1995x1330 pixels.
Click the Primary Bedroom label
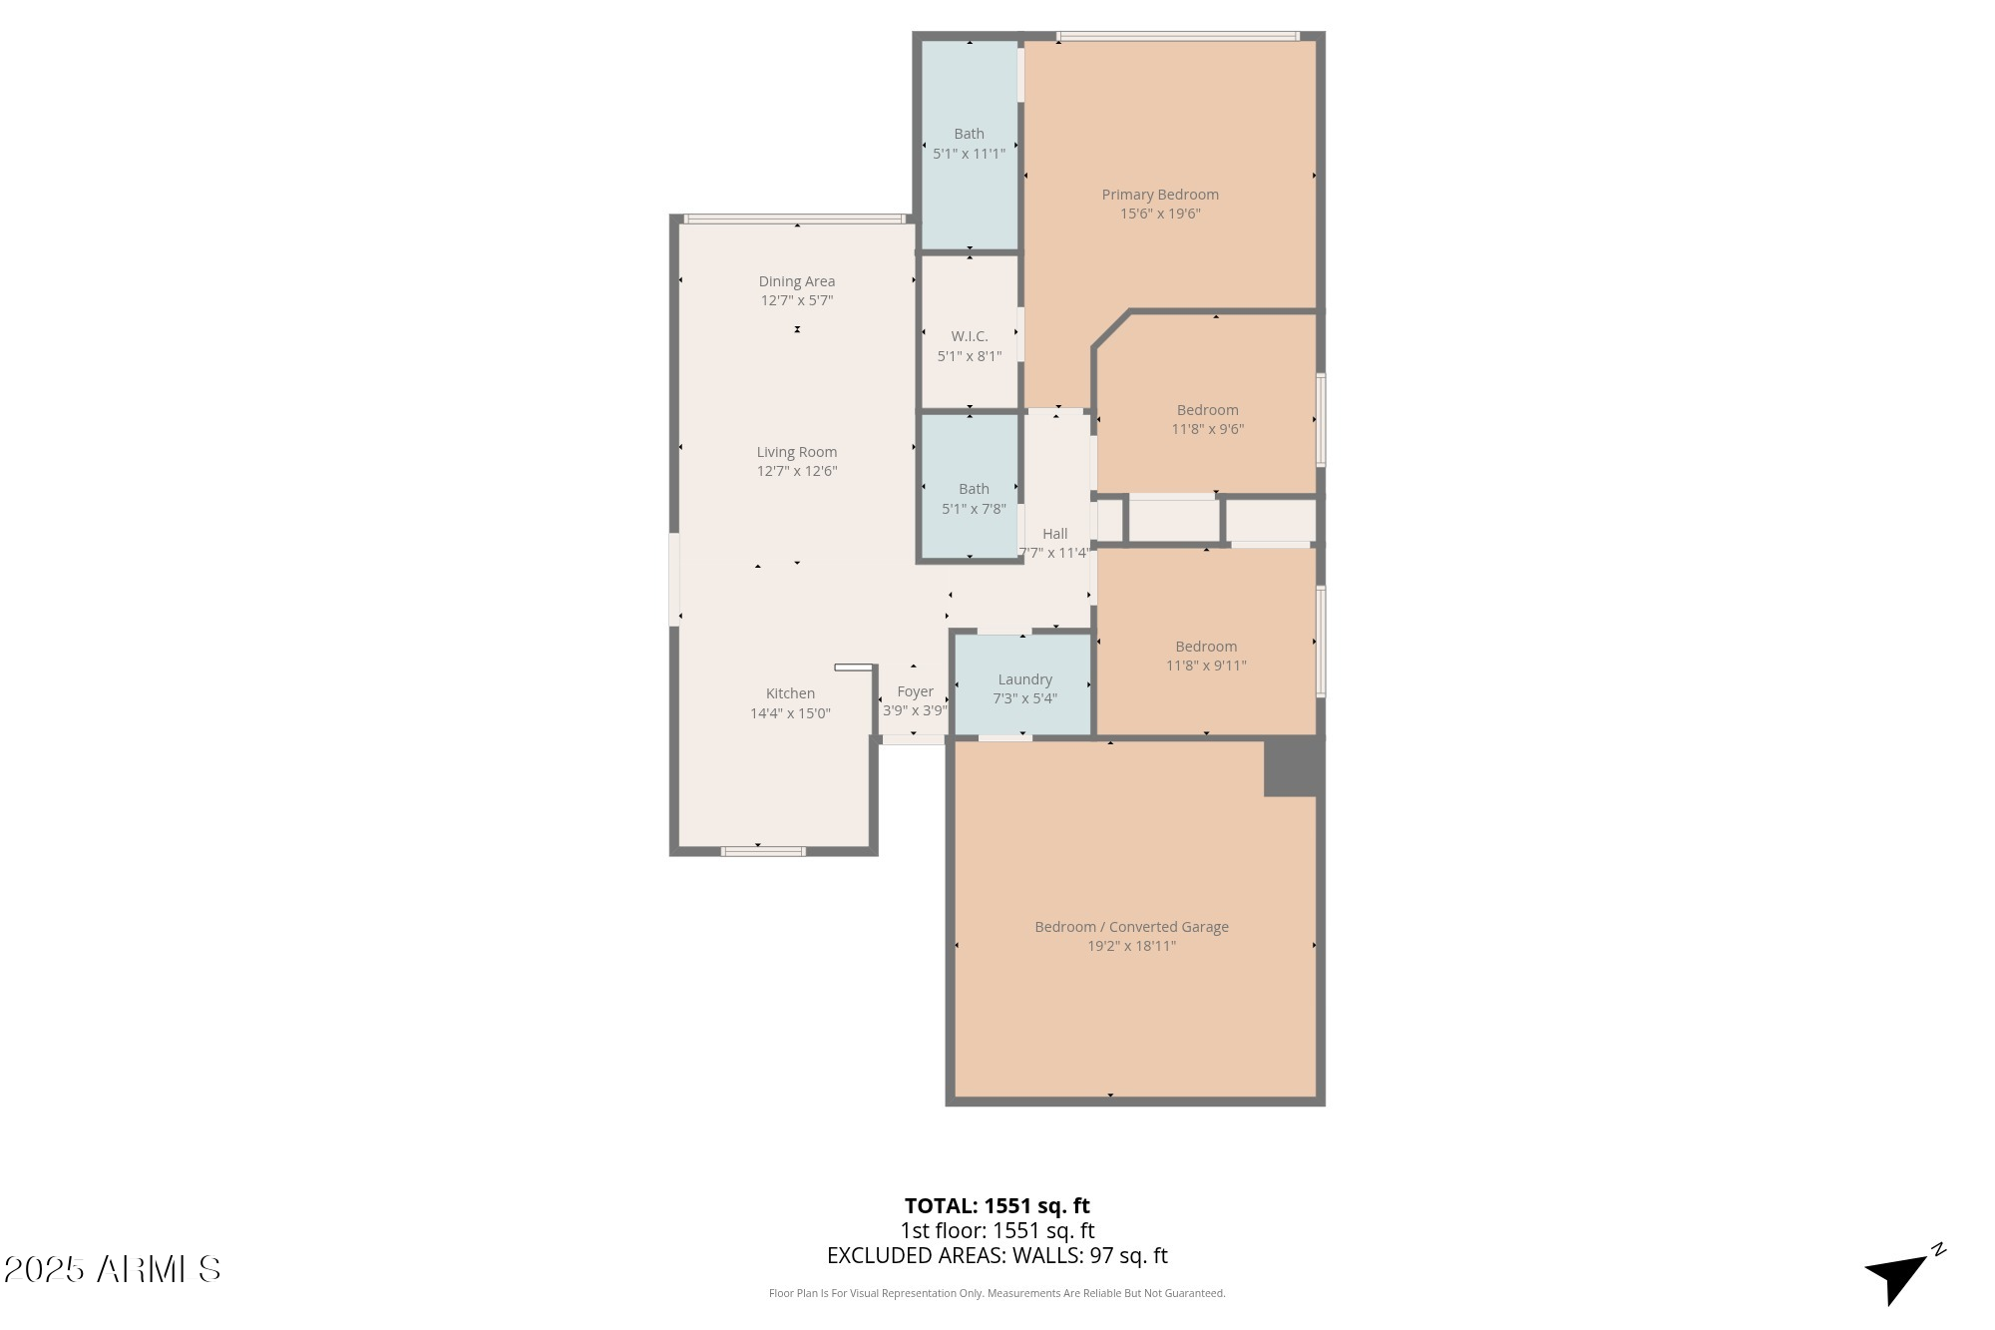click(x=1159, y=195)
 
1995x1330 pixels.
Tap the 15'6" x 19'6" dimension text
click(x=1159, y=214)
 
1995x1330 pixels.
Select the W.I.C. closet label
click(x=969, y=336)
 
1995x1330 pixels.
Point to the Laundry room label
click(x=1024, y=679)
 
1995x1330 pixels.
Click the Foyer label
click(x=915, y=691)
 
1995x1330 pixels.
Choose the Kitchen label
click(x=790, y=693)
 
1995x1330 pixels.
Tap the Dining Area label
click(x=796, y=281)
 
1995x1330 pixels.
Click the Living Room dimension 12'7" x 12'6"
click(x=796, y=471)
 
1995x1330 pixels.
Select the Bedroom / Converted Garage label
click(x=1131, y=927)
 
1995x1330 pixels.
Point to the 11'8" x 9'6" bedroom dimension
click(x=1207, y=429)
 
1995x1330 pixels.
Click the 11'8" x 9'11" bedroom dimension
click(x=1206, y=665)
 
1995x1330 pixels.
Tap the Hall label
click(x=1054, y=534)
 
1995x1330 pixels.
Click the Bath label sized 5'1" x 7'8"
click(x=974, y=489)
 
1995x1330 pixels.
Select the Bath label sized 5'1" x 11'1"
click(x=969, y=134)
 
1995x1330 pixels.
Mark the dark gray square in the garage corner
click(x=1293, y=767)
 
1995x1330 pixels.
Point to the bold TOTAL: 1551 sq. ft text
click(x=997, y=1205)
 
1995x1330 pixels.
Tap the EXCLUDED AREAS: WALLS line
click(x=997, y=1256)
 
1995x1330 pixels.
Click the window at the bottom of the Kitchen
click(x=763, y=851)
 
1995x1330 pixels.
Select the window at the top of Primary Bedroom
click(x=1177, y=37)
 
